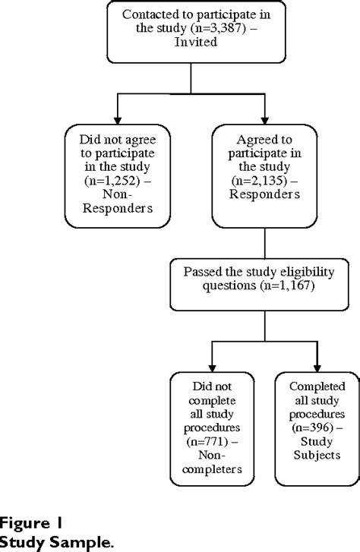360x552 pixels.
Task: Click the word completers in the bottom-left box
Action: point(207,468)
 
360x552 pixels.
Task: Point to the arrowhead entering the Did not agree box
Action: point(116,122)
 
